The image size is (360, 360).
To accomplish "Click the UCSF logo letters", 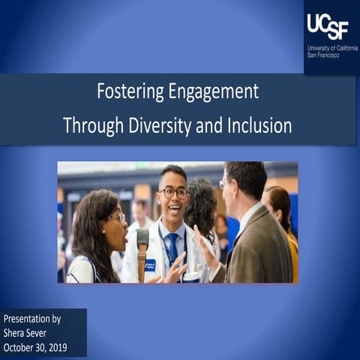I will tap(327, 27).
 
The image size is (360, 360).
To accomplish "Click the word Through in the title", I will tap(88, 124).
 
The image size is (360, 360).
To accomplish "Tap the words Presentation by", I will tap(33, 319).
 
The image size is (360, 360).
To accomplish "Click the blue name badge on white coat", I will tap(149, 265).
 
